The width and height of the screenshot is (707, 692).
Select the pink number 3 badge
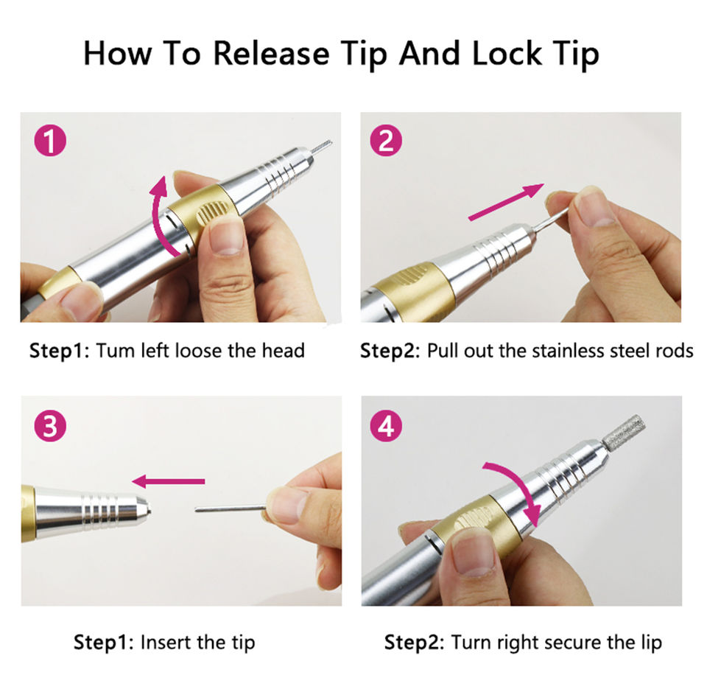pyautogui.click(x=51, y=425)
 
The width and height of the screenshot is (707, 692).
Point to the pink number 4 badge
pyautogui.click(x=386, y=425)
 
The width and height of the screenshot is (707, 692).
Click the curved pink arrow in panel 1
pyautogui.click(x=157, y=217)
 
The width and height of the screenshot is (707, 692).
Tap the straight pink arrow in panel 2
pyautogui.click(x=507, y=202)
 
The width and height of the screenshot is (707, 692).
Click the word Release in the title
pyautogui.click(x=272, y=53)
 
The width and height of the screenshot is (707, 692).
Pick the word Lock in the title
pyautogui.click(x=507, y=53)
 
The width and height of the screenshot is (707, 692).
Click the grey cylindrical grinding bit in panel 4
pyautogui.click(x=625, y=432)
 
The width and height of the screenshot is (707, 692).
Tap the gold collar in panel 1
pyautogui.click(x=203, y=217)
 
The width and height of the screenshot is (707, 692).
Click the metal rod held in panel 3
pyautogui.click(x=231, y=508)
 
